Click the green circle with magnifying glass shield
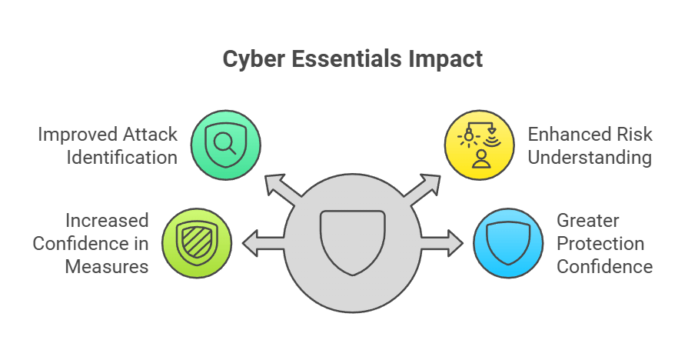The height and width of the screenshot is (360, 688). click(x=225, y=145)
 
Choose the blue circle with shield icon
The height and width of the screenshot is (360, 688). click(x=507, y=242)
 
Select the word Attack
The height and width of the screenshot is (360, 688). click(x=151, y=135)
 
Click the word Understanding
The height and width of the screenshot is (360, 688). click(x=590, y=157)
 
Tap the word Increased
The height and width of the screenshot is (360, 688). click(x=106, y=221)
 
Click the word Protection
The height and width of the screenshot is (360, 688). click(x=600, y=244)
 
